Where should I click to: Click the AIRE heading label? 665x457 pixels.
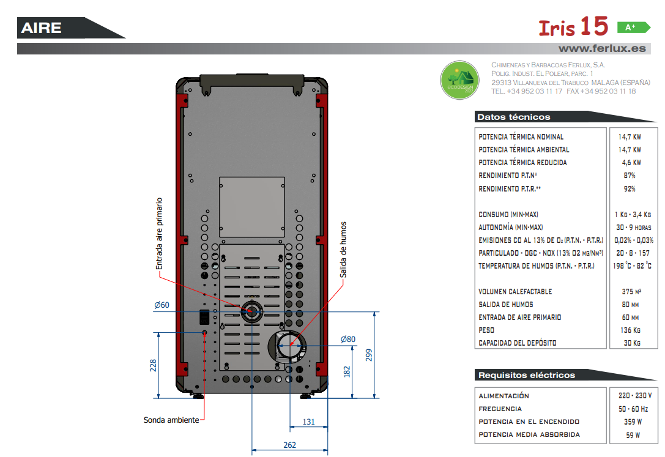(41, 28)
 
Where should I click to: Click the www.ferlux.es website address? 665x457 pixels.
(602, 48)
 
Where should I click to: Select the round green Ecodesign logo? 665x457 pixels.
(459, 80)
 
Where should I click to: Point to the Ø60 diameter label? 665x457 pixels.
(162, 305)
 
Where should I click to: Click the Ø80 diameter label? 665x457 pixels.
(347, 339)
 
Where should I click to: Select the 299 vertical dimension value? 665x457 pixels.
(368, 355)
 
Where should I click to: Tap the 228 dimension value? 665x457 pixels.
(153, 365)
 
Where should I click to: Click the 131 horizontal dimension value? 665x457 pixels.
(309, 422)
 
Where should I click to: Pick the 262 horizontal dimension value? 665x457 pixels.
(289, 445)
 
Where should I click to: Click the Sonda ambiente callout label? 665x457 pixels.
(171, 420)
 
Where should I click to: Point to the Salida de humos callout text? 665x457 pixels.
(343, 250)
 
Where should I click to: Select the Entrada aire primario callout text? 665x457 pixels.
(159, 234)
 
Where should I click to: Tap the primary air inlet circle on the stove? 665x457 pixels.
(252, 311)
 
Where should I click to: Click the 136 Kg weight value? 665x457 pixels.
(630, 330)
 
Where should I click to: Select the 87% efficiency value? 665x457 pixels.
(630, 176)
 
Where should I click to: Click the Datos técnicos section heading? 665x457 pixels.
(514, 117)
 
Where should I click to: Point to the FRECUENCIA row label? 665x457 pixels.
(500, 409)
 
